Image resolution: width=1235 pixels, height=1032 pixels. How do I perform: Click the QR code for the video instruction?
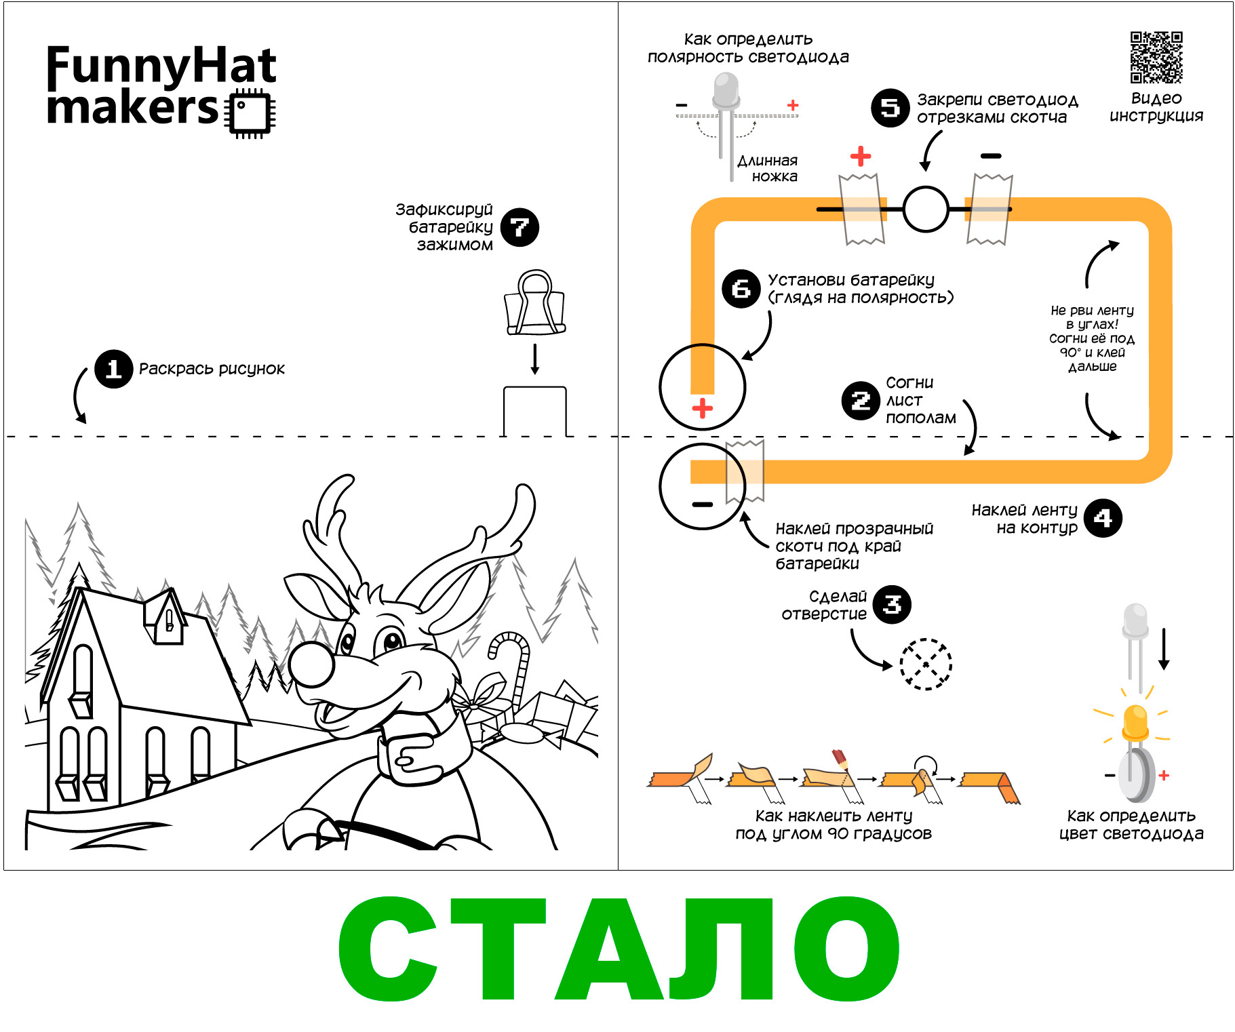(x=1156, y=58)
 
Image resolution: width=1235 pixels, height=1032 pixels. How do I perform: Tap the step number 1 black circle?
(x=113, y=369)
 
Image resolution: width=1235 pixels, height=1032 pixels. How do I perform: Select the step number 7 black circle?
(x=520, y=227)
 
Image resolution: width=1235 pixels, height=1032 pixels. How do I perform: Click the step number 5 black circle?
(x=890, y=108)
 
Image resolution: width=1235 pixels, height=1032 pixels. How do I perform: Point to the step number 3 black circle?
(x=892, y=604)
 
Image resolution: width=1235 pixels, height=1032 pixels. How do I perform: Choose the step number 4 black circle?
(x=1103, y=518)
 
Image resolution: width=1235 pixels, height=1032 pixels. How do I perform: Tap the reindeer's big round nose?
(x=311, y=663)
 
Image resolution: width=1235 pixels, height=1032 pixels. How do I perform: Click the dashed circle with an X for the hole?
(x=926, y=664)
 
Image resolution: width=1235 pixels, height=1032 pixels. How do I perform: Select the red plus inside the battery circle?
(x=703, y=408)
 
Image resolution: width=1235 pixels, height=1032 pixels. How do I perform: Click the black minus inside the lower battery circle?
(x=703, y=504)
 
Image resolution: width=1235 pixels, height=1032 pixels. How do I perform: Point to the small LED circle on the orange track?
(x=926, y=210)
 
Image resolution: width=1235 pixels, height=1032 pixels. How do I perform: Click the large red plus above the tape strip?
(x=861, y=157)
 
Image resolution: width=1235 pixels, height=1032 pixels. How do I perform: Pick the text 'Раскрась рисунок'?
(x=212, y=369)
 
